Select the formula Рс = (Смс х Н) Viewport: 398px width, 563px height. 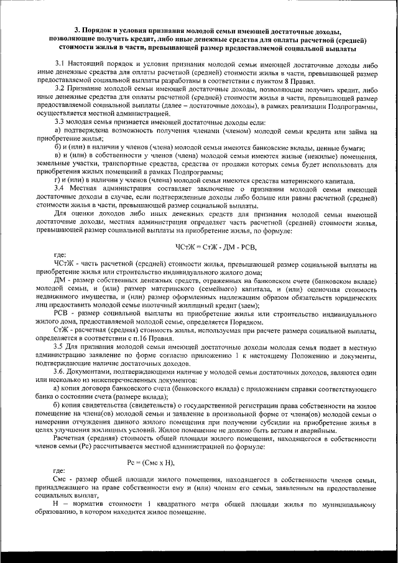(x=150, y=462)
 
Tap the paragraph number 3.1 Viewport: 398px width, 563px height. (x=60, y=64)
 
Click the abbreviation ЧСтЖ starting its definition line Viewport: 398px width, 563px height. (x=65, y=263)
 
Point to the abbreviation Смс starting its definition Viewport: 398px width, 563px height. (x=62, y=481)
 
